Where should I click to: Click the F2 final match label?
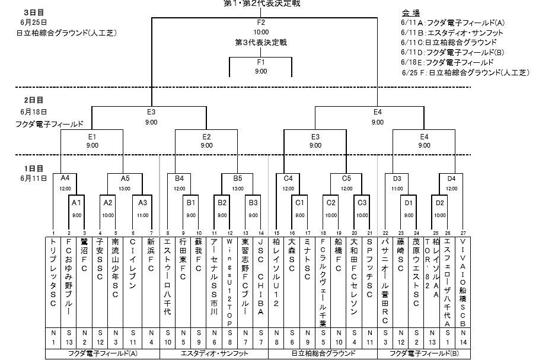[x=261, y=23]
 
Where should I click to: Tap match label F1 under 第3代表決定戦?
[x=261, y=62]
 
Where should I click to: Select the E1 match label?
[x=92, y=136]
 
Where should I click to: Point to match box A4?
[x=65, y=178]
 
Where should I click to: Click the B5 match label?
[x=238, y=178]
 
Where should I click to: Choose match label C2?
[x=331, y=202]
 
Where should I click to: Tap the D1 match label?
[x=409, y=202]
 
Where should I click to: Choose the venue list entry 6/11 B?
[x=448, y=33]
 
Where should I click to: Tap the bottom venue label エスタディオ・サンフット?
[x=214, y=353]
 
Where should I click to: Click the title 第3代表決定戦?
[x=261, y=43]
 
